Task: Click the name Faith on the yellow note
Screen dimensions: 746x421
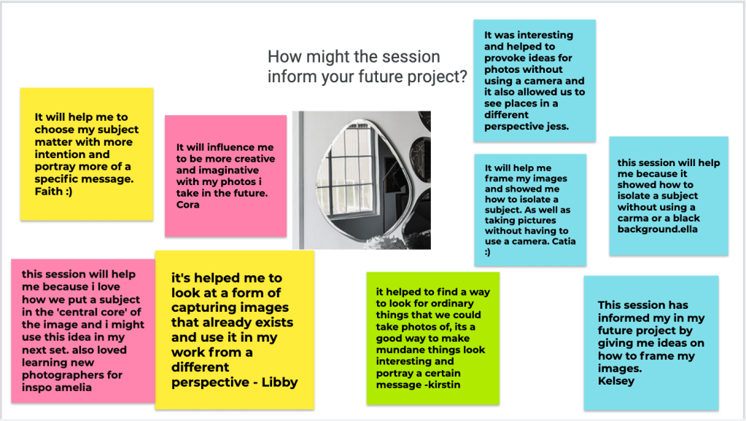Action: pos(49,192)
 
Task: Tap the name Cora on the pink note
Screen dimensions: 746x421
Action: pos(188,205)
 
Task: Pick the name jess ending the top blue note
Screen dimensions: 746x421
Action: pos(558,127)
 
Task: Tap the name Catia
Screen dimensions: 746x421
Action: pos(563,241)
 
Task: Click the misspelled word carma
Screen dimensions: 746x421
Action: pos(632,219)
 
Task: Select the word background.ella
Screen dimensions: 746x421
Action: pos(658,229)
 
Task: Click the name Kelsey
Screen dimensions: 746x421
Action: pos(616,381)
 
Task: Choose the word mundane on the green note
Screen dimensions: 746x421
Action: pos(396,350)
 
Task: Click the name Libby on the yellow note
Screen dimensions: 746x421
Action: pos(280,382)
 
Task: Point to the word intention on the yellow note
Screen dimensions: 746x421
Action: pos(56,154)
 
